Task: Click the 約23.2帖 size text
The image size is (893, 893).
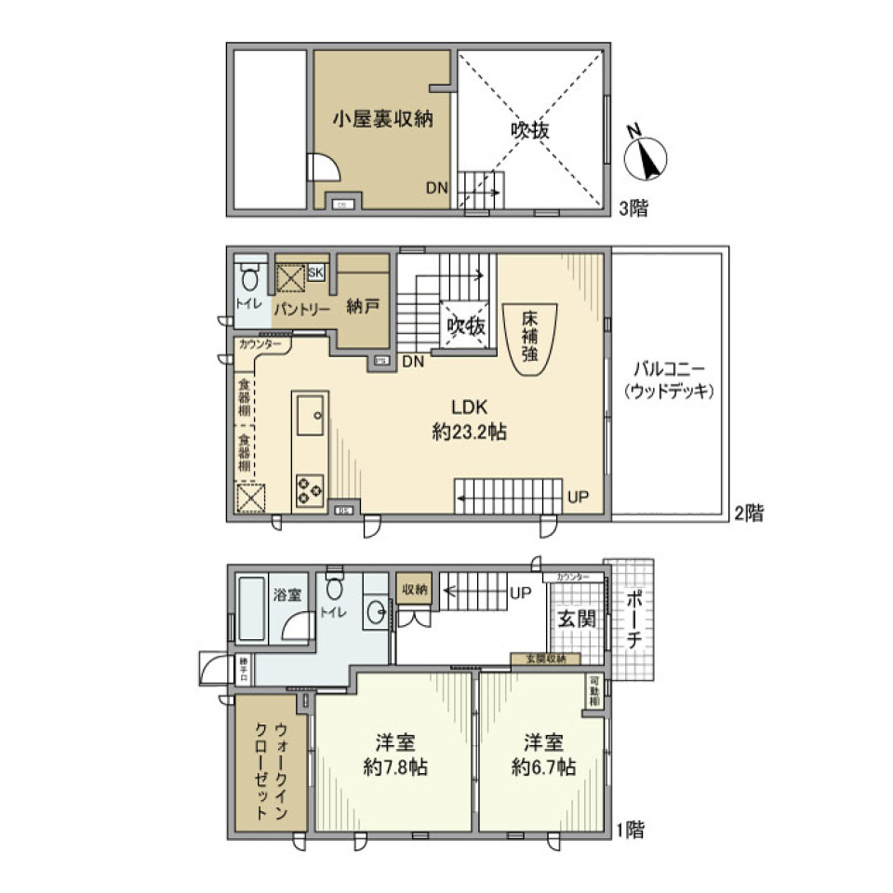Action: (x=469, y=432)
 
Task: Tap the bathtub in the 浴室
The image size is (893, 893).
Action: (x=249, y=609)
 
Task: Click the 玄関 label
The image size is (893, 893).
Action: (x=577, y=619)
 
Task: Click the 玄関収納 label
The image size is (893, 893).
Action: (x=545, y=660)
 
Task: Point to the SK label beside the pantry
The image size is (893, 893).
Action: (x=315, y=273)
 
